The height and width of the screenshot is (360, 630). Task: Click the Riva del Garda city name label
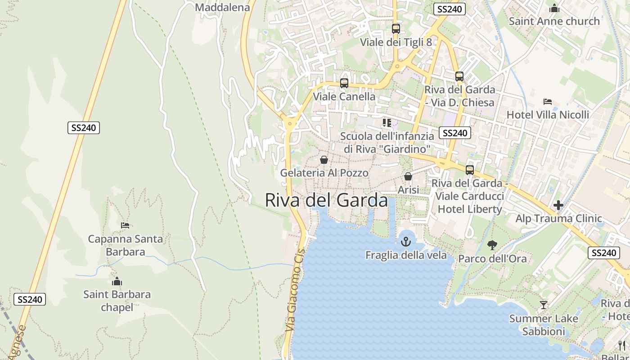coord(326,200)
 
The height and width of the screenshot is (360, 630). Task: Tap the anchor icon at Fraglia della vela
coord(406,242)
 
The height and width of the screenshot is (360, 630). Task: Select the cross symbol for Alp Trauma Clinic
coord(558,205)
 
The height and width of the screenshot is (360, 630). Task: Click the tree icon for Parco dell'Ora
coord(492,245)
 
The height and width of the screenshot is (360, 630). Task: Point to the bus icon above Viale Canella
coord(344,83)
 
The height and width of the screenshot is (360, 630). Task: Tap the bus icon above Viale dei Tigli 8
coord(396,29)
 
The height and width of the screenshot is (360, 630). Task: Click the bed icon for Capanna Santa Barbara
coord(125,225)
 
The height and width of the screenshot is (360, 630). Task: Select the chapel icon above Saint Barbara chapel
coord(117,282)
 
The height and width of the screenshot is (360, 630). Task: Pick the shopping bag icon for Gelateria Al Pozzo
coord(324,160)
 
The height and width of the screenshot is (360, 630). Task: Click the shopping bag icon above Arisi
coord(408,176)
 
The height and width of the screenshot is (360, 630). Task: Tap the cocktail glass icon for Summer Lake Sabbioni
coord(544,305)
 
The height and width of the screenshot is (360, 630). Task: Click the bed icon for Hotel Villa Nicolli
coord(548,102)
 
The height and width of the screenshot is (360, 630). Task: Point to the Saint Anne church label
coord(554,21)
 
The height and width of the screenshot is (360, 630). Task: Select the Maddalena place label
coord(222,7)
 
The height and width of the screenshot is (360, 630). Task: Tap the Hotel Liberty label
coord(470,209)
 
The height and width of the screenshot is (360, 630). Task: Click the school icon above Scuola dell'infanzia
coord(387,122)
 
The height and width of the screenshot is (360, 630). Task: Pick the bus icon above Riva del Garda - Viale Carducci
coord(470,170)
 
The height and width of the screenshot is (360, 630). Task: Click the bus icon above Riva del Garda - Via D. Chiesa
coord(459,76)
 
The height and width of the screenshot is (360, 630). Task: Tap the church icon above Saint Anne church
coord(554,8)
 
